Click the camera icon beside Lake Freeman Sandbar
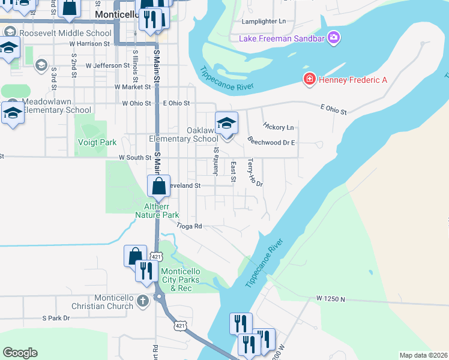point(334,38)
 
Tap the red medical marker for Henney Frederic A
point(310,80)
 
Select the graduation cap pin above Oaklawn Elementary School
point(226,123)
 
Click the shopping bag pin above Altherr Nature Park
point(158,187)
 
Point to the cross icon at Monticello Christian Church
point(142,300)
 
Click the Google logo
point(20,353)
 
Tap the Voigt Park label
point(97,143)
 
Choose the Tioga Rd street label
point(188,226)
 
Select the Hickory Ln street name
point(278,127)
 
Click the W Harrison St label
point(89,44)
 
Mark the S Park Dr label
point(56,318)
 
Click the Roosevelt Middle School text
point(65,34)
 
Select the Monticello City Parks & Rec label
point(184,280)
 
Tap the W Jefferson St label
point(107,65)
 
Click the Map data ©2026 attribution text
point(423,355)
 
